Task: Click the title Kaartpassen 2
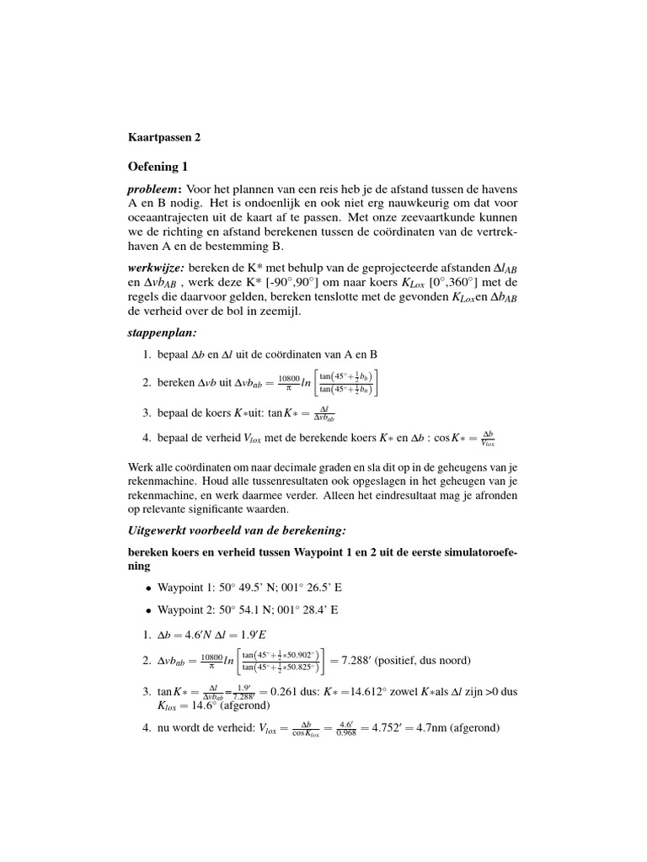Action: pos(164,136)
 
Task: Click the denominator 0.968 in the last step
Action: pos(345,733)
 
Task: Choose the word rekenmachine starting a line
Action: pos(164,493)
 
